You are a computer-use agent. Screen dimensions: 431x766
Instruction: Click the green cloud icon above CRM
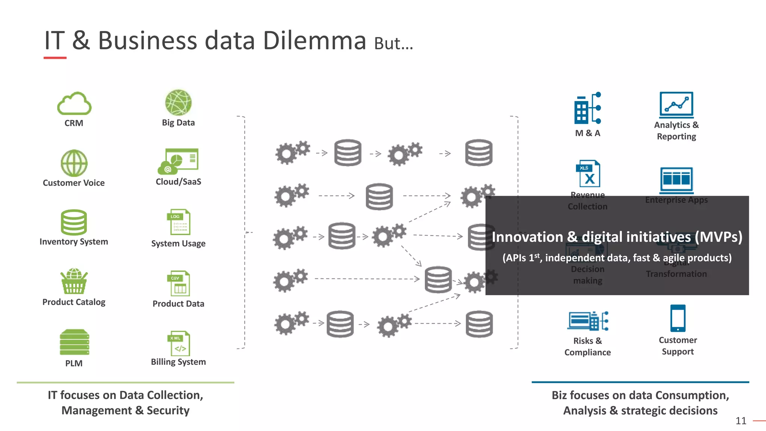point(74,104)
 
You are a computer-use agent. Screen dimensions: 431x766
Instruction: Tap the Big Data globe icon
point(178,103)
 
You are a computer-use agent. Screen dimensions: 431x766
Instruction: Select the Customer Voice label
point(74,183)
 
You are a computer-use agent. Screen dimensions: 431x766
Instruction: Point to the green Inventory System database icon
point(74,222)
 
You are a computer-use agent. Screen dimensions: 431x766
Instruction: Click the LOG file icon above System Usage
point(178,222)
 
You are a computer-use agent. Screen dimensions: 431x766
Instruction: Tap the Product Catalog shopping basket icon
point(74,281)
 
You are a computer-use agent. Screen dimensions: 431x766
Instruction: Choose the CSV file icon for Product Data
point(178,283)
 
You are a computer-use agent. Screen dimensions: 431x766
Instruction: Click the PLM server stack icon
point(74,342)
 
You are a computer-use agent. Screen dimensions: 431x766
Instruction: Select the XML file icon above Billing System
point(178,343)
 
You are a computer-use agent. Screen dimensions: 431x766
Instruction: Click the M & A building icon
point(587,108)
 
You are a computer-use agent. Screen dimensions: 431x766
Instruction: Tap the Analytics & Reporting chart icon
point(676,104)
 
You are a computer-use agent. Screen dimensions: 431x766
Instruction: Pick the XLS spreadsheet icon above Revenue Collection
point(588,174)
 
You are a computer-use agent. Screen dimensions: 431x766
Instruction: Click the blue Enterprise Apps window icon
point(676,179)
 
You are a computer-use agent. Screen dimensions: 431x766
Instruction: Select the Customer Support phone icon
point(678,318)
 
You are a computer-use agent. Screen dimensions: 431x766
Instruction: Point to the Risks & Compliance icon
point(588,321)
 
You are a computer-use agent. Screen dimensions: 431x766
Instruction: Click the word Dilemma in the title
point(314,41)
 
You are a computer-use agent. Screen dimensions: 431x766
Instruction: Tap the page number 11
point(741,421)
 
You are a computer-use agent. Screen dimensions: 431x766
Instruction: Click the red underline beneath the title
point(55,58)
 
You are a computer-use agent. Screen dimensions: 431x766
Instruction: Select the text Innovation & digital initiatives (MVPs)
point(617,237)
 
